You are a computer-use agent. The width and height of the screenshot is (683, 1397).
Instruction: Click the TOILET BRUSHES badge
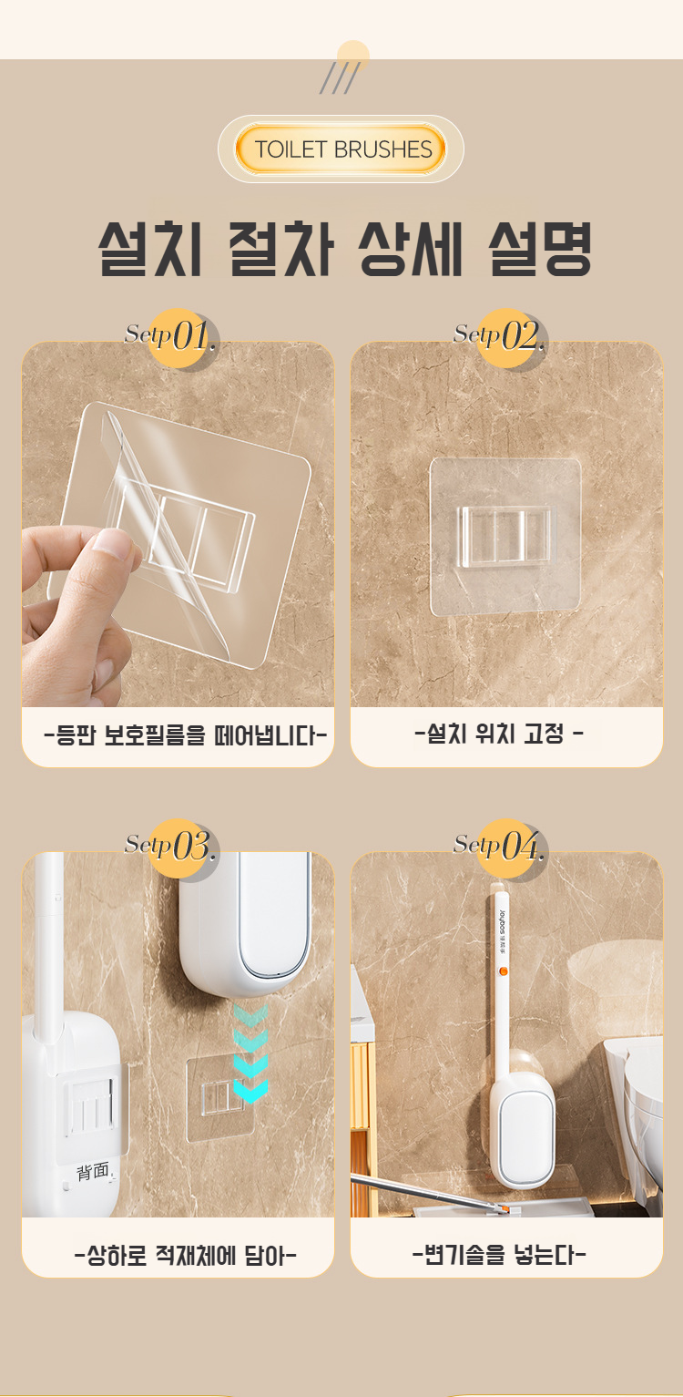(x=341, y=149)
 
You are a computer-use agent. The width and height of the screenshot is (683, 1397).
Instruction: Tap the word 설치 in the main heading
(x=150, y=249)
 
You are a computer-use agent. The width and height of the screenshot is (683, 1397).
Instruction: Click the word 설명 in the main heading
(x=540, y=249)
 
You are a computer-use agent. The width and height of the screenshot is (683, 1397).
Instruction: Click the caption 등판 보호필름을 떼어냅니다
(x=185, y=735)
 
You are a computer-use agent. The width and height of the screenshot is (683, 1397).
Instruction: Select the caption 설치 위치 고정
(x=498, y=734)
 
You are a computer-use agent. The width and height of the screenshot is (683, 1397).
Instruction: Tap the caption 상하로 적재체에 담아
(x=185, y=1255)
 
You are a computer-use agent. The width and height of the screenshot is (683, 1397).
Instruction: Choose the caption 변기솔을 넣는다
(x=499, y=1254)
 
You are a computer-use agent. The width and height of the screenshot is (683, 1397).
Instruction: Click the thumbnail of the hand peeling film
(x=178, y=524)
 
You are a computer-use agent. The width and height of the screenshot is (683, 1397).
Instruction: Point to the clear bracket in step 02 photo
(x=505, y=537)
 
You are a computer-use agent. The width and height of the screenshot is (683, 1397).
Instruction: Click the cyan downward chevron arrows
(x=250, y=1053)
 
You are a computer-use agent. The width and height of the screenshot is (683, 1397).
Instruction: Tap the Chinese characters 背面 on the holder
(x=93, y=1171)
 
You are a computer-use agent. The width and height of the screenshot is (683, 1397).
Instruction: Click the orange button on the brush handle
(x=504, y=971)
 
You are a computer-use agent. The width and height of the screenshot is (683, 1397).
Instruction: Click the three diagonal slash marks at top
(x=340, y=78)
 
